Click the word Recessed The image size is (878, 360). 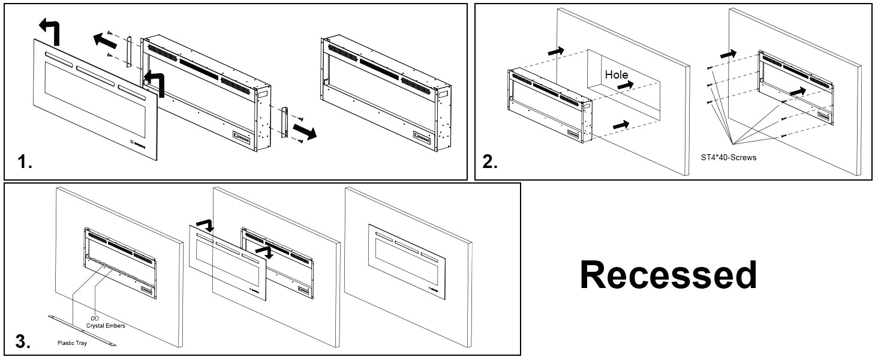tap(668, 275)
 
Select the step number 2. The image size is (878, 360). tap(490, 163)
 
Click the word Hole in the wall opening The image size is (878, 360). tap(616, 75)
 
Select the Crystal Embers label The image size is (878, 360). tap(106, 325)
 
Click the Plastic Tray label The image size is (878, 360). tap(72, 344)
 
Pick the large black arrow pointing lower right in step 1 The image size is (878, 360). tap(306, 132)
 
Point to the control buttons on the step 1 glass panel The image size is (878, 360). tap(140, 144)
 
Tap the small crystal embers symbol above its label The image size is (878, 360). tap(94, 318)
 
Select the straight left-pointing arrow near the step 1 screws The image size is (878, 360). tap(105, 41)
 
